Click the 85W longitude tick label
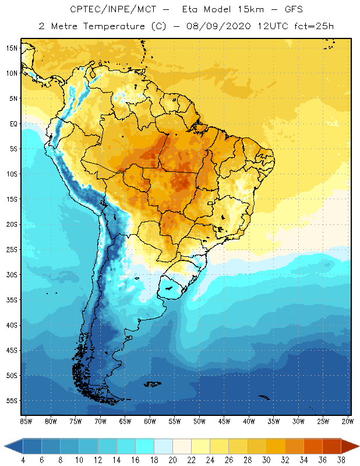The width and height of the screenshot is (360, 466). pos(26,421)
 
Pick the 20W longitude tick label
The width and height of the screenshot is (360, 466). pos(347,421)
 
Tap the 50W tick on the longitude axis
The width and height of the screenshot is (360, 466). pos(199,421)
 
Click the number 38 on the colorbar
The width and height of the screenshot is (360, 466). pos(340,460)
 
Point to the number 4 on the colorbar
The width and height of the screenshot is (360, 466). pos(23,460)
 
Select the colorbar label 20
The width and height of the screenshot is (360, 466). pos(172,460)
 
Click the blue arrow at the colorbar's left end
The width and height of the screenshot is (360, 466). pos(13,446)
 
